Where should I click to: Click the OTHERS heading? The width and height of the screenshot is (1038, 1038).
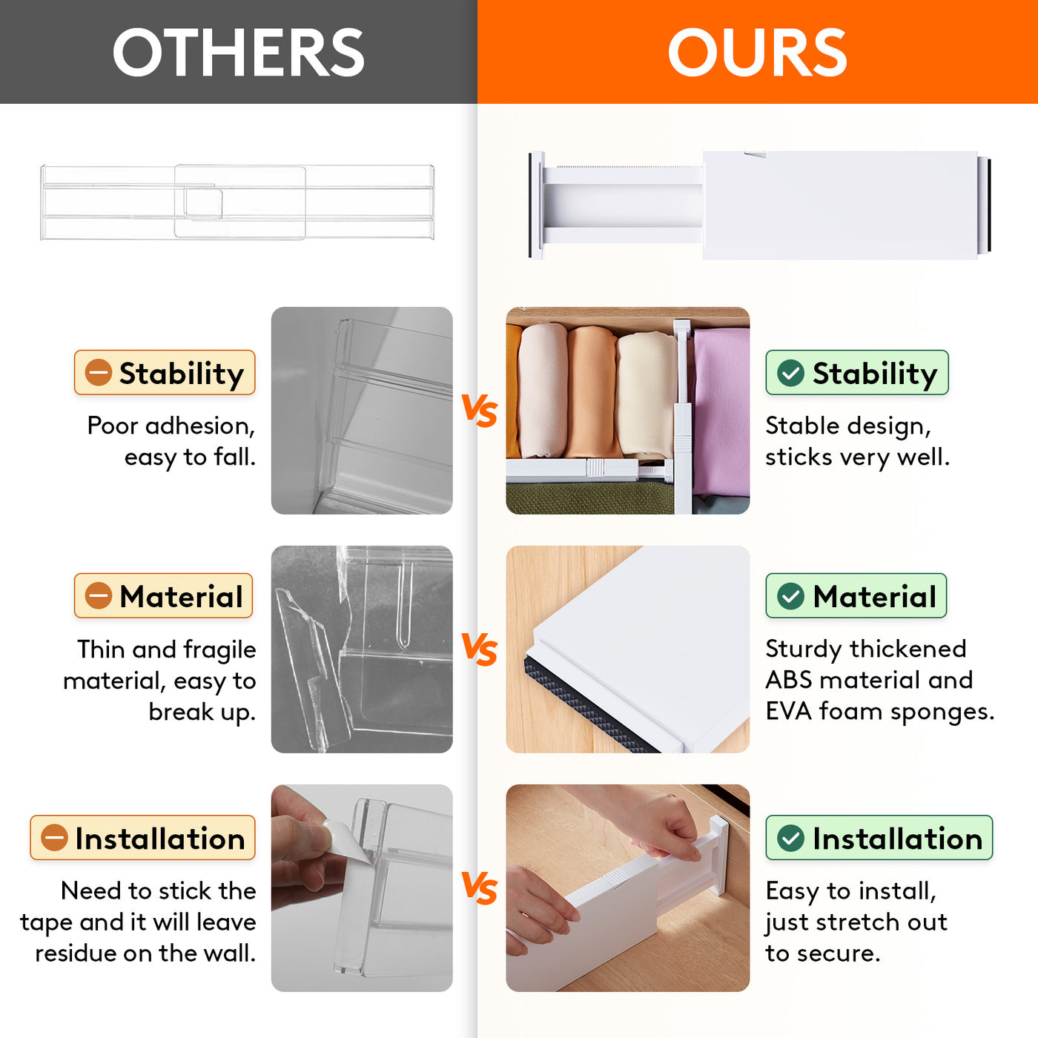238,52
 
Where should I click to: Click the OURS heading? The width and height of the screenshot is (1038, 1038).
757,52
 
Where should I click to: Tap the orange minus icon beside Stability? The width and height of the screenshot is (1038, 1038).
98,372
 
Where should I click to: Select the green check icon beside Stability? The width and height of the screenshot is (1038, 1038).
790,373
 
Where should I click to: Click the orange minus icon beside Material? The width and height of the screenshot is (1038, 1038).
98,596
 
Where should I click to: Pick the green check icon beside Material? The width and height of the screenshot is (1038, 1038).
790,596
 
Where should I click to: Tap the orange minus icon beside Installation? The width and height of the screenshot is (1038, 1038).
54,838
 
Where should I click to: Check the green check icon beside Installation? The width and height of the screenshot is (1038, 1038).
790,838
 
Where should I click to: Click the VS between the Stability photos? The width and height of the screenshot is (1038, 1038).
480,411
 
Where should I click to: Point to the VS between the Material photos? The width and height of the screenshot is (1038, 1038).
480,649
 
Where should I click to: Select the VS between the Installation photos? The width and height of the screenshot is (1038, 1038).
480,888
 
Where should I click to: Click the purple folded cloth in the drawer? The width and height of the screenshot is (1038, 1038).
721,412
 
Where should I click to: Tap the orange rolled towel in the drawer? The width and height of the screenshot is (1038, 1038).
592,392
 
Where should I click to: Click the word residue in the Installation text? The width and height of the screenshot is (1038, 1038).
76,953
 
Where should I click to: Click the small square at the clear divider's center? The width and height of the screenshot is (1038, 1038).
203,202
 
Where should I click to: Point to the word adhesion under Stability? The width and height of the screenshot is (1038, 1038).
200,426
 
